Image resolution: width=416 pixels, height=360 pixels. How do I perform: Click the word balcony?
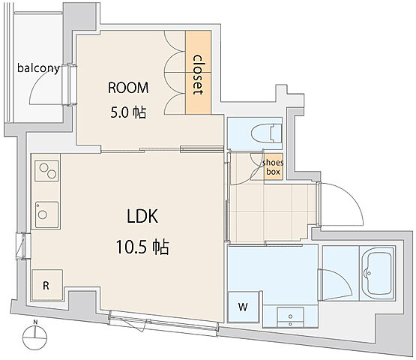[38, 68]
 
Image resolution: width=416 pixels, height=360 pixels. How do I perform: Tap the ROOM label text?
[128, 88]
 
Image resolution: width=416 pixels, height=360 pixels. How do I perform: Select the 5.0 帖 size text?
[128, 112]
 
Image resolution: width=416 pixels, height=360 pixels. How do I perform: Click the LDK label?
[142, 216]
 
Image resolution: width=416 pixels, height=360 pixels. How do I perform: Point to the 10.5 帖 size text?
[142, 247]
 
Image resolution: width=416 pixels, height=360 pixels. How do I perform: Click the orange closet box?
[198, 72]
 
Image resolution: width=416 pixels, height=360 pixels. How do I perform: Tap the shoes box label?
[273, 167]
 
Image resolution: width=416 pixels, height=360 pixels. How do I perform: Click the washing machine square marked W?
[243, 307]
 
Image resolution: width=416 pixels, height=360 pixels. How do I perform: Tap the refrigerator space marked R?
[47, 285]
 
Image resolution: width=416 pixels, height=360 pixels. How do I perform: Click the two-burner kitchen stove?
[47, 171]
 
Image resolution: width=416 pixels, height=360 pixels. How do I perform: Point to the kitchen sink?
[47, 214]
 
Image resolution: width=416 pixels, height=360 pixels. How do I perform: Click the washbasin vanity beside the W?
[291, 316]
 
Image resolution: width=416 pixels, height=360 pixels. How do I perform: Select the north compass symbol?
[34, 338]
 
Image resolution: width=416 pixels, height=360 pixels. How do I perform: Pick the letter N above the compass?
[35, 322]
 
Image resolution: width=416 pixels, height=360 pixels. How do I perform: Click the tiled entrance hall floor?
[274, 212]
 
